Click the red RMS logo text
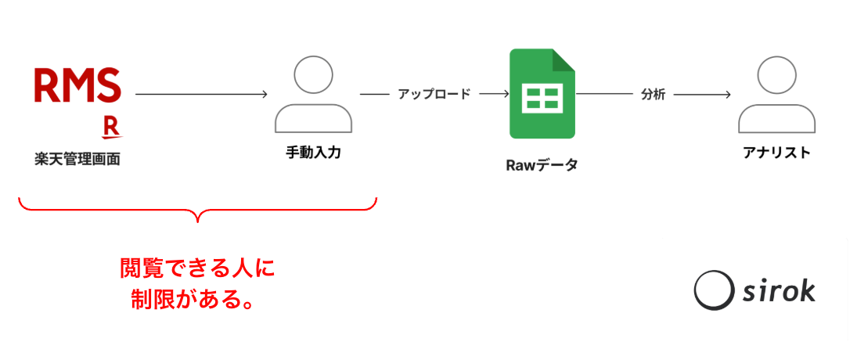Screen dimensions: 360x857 point(77,85)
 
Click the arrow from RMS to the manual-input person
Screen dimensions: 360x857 point(201,94)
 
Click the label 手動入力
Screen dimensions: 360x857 point(313,152)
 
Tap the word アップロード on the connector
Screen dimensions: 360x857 point(434,94)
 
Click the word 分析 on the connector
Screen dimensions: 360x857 point(653,94)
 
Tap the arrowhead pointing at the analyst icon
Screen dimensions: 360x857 point(727,94)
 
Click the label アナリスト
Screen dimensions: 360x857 point(776,152)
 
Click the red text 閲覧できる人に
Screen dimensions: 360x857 point(198,268)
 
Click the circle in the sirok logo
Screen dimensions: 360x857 point(713,290)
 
